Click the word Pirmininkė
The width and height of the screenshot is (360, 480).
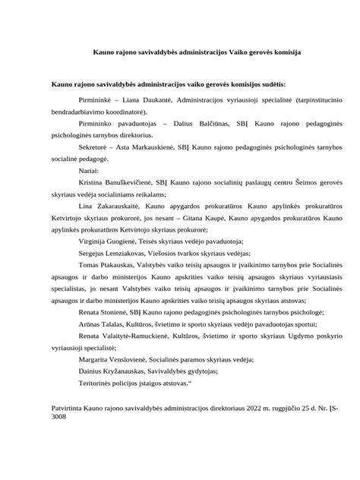96,99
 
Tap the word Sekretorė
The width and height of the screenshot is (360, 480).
94,143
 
